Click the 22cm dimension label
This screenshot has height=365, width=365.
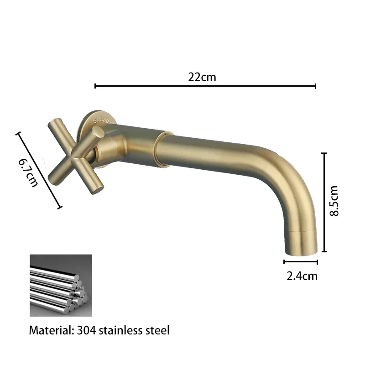202,77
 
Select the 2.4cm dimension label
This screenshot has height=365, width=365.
302,276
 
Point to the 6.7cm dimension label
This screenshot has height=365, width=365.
28,172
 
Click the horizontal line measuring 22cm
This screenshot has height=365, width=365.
205,86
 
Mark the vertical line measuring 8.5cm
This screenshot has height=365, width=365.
325,202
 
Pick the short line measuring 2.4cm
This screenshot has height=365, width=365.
301,262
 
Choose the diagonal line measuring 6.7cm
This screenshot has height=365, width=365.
39,170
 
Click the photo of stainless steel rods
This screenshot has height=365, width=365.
61,285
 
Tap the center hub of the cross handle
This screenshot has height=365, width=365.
82,153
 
